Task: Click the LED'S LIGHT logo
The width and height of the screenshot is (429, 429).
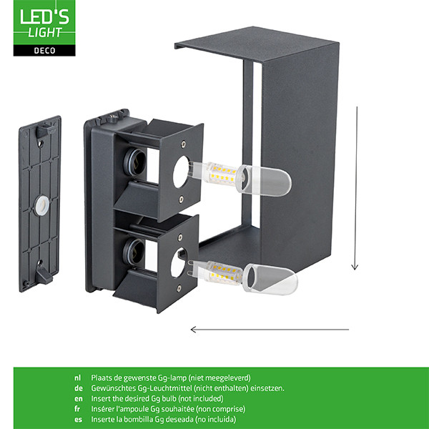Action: (44, 28)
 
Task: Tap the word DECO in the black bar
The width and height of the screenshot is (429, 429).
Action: (44, 51)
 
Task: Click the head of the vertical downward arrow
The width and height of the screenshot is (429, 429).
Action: (355, 267)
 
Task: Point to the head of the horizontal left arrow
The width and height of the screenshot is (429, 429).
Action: (194, 330)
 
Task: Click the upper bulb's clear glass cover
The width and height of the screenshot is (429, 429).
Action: (265, 181)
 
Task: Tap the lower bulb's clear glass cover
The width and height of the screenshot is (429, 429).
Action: (270, 279)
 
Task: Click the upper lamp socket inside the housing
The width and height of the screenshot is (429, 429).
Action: (134, 162)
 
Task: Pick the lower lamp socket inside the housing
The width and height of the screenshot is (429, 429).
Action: (133, 252)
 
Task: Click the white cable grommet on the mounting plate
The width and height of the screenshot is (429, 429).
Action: (42, 204)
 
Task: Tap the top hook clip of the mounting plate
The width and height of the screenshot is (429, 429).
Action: (44, 129)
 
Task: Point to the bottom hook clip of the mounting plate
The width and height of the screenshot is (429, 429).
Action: (44, 274)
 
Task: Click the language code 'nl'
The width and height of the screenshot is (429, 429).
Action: (77, 378)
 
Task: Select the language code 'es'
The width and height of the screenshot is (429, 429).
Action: (78, 420)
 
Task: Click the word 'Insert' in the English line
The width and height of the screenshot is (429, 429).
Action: (100, 399)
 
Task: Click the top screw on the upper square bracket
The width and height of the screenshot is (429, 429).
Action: (183, 143)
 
